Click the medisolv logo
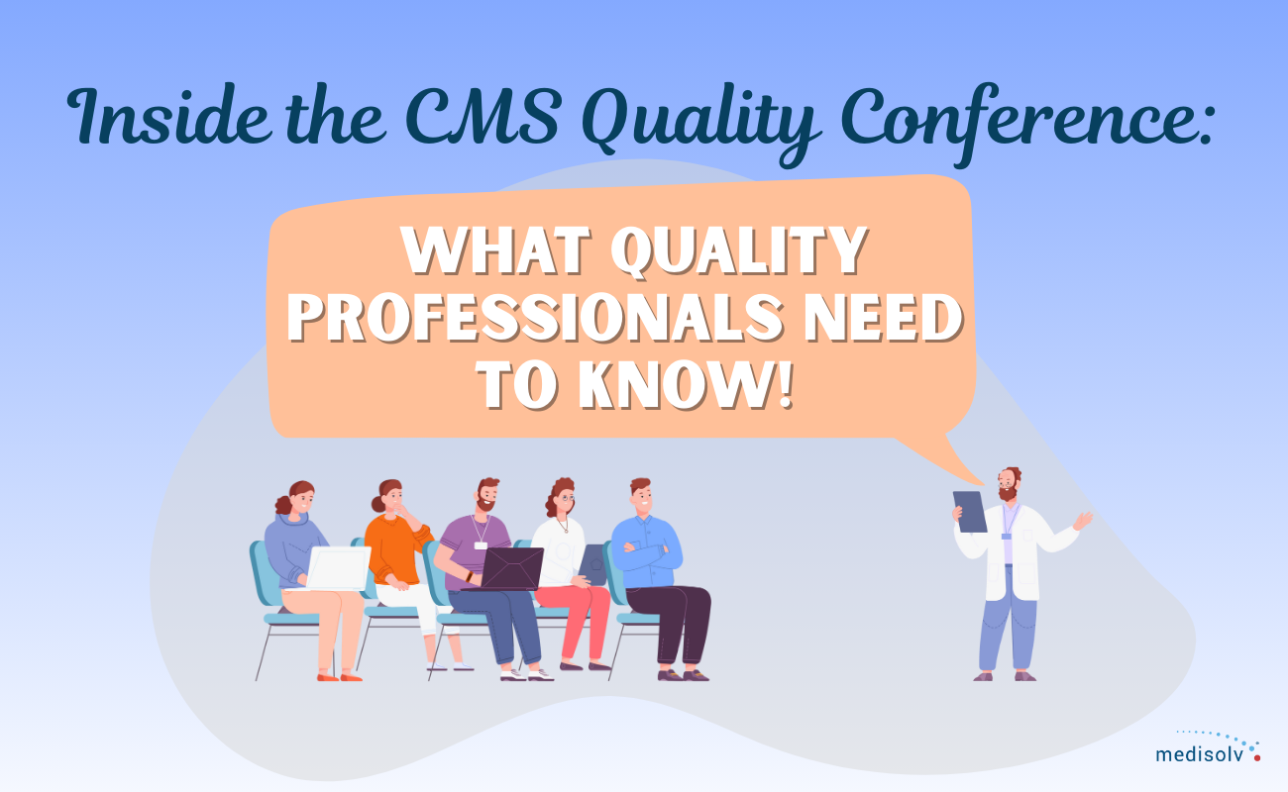(x=1207, y=750)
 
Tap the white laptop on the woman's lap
(x=337, y=568)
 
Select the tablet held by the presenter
(x=970, y=511)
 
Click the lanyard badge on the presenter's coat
(x=1007, y=536)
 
